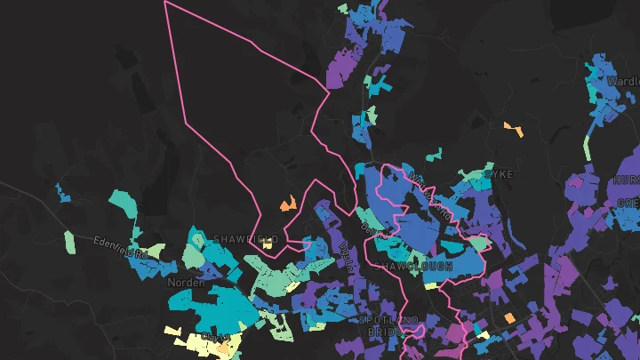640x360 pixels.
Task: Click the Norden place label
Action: click(186, 283)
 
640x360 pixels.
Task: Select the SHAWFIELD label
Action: click(245, 239)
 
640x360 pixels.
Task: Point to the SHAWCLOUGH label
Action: click(413, 266)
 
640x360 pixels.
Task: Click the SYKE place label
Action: click(500, 174)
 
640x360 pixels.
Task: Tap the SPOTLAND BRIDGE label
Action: click(388, 324)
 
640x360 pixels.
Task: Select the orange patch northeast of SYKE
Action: click(514, 129)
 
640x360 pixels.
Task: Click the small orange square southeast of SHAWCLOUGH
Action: click(509, 317)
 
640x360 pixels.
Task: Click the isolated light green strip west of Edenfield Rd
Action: click(70, 241)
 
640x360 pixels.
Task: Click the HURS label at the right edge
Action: click(625, 180)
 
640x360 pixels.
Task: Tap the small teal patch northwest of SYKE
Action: click(433, 155)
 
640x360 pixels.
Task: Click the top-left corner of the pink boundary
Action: click(166, 3)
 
